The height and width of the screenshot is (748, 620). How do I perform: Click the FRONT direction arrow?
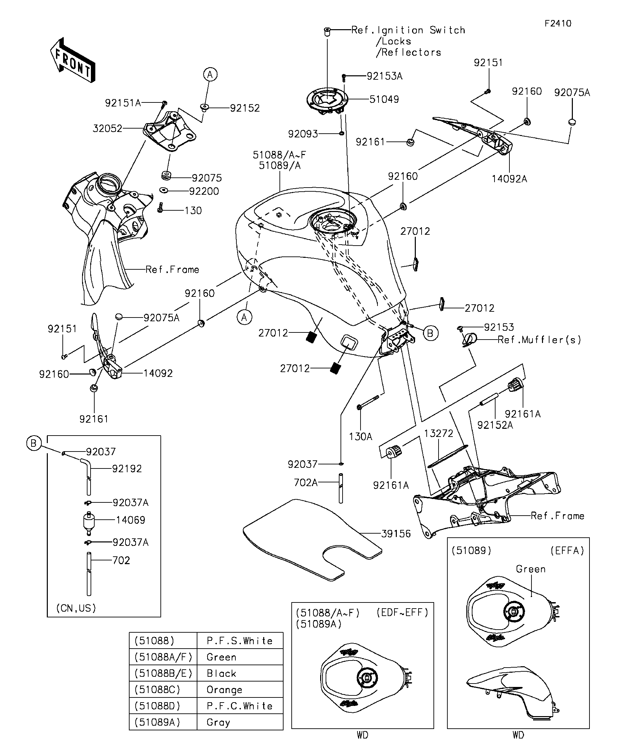pyautogui.click(x=73, y=60)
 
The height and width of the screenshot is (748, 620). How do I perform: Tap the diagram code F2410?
pyautogui.click(x=558, y=23)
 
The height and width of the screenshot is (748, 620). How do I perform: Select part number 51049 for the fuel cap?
pyautogui.click(x=384, y=99)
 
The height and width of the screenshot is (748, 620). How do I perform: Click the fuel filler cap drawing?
pyautogui.click(x=327, y=101)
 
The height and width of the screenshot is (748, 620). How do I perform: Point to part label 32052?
pyautogui.click(x=108, y=128)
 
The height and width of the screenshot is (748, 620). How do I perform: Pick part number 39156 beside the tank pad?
pyautogui.click(x=396, y=534)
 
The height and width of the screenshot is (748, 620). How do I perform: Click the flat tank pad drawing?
pyautogui.click(x=312, y=540)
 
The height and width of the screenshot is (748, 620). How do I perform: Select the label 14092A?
pyautogui.click(x=509, y=179)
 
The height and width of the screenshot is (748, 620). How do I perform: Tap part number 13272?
pyautogui.click(x=439, y=433)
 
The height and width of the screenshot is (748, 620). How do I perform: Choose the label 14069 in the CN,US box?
pyautogui.click(x=130, y=520)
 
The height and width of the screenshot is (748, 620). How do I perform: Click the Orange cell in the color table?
pyautogui.click(x=224, y=690)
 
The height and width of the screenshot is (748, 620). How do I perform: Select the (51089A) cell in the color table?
pyautogui.click(x=157, y=722)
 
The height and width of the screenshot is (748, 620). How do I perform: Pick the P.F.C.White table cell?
pyautogui.click(x=240, y=706)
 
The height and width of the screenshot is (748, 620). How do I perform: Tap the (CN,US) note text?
pyautogui.click(x=76, y=608)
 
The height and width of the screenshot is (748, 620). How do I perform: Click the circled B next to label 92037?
pyautogui.click(x=34, y=443)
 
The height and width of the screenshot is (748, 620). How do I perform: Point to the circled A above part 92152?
pyautogui.click(x=210, y=74)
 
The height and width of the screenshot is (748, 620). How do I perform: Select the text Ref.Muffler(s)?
pyautogui.click(x=539, y=340)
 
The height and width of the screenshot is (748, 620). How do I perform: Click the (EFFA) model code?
pyautogui.click(x=567, y=551)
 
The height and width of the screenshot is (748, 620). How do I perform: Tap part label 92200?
pyautogui.click(x=204, y=191)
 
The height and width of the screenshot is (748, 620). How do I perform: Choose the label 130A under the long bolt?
pyautogui.click(x=361, y=436)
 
